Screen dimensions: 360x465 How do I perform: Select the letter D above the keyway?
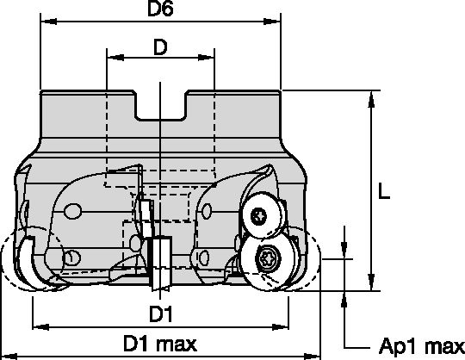click(161, 48)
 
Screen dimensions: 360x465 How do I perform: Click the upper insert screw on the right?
click(257, 215)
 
